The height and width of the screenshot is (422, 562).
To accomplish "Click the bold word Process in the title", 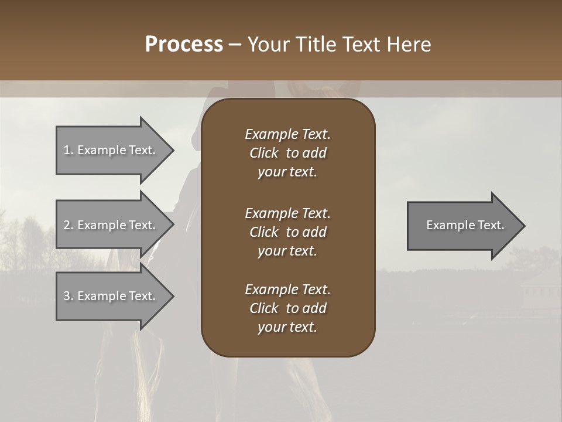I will pos(184,45).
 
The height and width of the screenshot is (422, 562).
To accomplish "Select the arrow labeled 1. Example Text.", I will pos(111,150).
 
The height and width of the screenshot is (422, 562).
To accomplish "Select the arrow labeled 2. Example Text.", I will pos(111,225).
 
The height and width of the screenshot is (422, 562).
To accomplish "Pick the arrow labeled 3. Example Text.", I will pos(111,296).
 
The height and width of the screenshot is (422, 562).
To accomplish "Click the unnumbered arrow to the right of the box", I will pos(462,225).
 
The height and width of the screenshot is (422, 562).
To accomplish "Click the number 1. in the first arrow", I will pos(68,150).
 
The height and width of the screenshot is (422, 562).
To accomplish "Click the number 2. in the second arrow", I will pos(68,225).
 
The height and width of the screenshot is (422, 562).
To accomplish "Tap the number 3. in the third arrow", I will pos(68,296).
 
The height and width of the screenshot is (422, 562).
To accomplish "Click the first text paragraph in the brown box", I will pos(287,153).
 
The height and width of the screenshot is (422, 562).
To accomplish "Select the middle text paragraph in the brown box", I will pos(287,232).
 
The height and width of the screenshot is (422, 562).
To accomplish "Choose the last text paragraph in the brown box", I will pos(287,308).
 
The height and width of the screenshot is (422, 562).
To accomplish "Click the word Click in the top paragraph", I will pos(263,153).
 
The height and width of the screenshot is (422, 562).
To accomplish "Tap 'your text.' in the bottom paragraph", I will pos(287,328).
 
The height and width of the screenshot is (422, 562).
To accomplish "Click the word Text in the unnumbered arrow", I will pos(491,225).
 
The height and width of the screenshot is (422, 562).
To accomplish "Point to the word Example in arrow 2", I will pos(101,225).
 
